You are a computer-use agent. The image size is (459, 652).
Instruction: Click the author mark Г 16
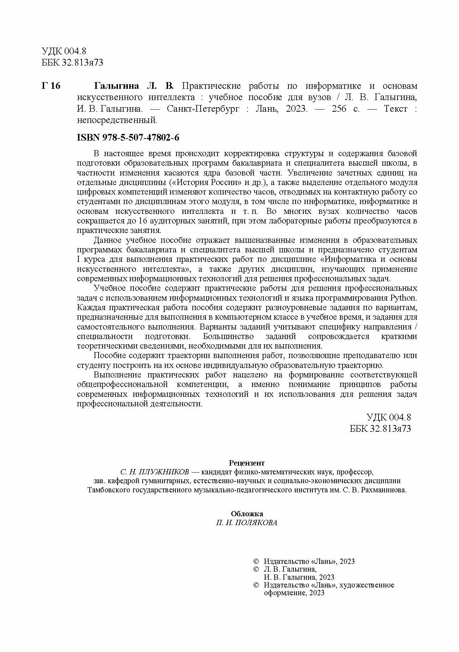pyautogui.click(x=51, y=86)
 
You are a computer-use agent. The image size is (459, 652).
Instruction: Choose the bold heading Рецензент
pyautogui.click(x=246, y=463)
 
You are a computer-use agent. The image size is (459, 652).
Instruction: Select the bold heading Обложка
pyautogui.click(x=246, y=514)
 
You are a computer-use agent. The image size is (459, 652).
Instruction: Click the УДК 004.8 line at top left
pyautogui.click(x=64, y=51)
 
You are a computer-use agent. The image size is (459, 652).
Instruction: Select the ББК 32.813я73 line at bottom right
pyautogui.click(x=380, y=429)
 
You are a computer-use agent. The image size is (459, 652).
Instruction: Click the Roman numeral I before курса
pyautogui.click(x=79, y=259)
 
